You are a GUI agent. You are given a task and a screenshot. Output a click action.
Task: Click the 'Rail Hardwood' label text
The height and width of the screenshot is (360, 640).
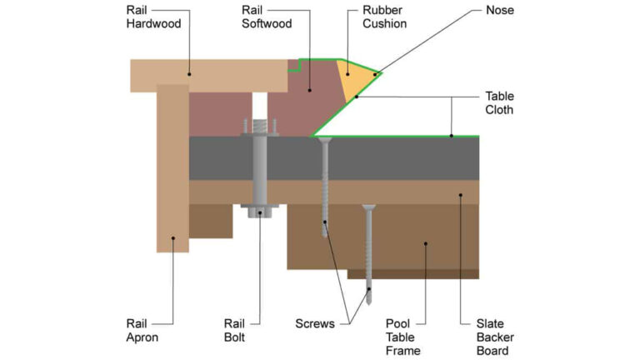pyautogui.click(x=152, y=17)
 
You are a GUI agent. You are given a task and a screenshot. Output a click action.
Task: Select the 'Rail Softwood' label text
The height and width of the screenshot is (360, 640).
pyautogui.click(x=267, y=17)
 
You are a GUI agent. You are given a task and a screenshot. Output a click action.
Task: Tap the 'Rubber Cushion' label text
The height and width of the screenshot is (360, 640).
pyautogui.click(x=385, y=17)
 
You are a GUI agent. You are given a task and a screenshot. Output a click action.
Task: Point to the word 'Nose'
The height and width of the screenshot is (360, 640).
pyautogui.click(x=500, y=12)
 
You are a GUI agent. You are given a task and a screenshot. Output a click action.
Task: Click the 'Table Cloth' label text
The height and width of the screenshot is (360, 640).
pyautogui.click(x=500, y=102)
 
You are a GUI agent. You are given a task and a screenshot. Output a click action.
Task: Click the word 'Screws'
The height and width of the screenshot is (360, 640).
pyautogui.click(x=315, y=323)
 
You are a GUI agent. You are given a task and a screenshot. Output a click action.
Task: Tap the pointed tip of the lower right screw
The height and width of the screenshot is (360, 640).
pyautogui.click(x=368, y=299)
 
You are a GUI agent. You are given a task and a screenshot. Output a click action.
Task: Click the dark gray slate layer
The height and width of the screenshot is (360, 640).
pyautogui.click(x=400, y=158)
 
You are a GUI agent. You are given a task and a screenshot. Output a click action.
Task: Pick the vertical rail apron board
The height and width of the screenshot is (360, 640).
pyautogui.click(x=172, y=167)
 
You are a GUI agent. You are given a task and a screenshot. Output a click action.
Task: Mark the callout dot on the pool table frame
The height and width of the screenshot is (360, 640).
pyautogui.click(x=425, y=244)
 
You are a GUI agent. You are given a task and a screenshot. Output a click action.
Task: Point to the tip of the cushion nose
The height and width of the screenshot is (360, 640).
pyautogui.click(x=381, y=73)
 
